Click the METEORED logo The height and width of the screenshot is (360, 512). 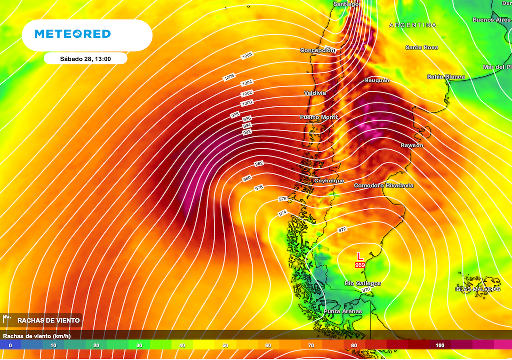click(72, 34)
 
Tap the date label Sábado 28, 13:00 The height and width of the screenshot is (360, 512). click(85, 59)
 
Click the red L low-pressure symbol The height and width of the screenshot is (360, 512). click(360, 256)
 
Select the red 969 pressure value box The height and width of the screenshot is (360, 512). click(360, 265)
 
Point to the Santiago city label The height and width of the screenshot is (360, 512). click(346, 4)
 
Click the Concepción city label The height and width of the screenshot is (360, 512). click(317, 50)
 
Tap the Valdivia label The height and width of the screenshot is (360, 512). click(315, 93)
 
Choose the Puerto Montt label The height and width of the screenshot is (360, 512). click(319, 117)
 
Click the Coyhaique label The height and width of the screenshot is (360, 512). click(329, 181)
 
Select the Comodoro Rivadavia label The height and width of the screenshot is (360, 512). click(384, 186)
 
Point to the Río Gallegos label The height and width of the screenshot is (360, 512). click(363, 284)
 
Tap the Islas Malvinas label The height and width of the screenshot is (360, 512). click(478, 289)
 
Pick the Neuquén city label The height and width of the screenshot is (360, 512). click(377, 80)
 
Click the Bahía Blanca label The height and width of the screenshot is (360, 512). click(446, 77)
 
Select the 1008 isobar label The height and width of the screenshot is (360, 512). click(247, 55)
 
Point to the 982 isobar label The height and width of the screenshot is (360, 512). click(259, 164)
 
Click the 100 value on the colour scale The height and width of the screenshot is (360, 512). click(440, 345)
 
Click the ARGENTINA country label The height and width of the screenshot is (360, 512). click(412, 25)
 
